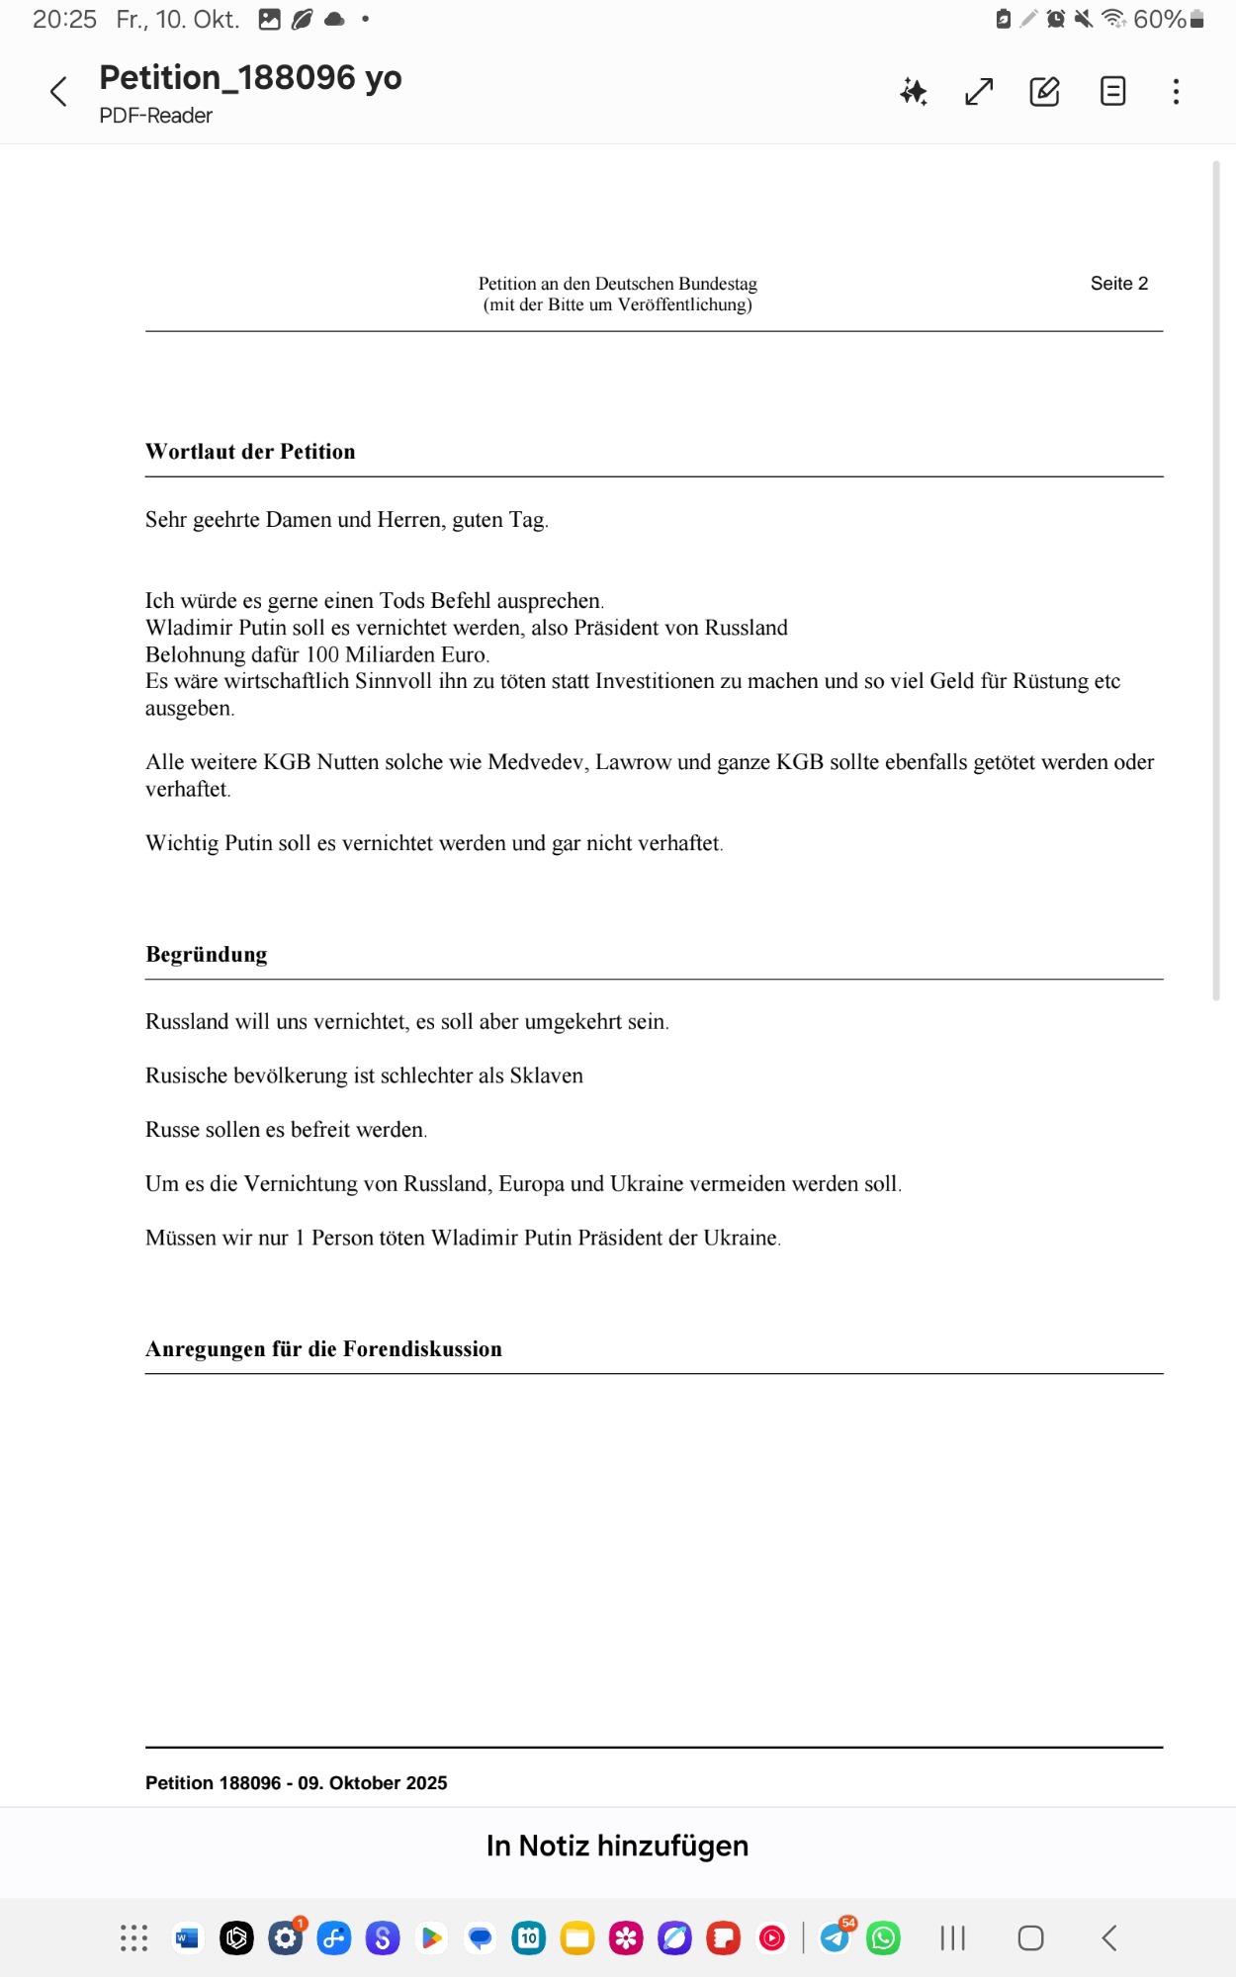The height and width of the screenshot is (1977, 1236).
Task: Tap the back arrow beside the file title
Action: pos(58,92)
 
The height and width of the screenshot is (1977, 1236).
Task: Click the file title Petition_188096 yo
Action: pos(250,77)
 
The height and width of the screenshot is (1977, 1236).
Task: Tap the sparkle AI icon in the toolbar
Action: pos(914,92)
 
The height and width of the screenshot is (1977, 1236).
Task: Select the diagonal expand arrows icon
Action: pos(979,92)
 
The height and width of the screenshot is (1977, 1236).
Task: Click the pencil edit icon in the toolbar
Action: pos(1044,92)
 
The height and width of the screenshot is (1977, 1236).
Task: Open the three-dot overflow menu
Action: pos(1176,92)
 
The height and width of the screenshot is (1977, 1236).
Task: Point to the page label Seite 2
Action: pos(1118,284)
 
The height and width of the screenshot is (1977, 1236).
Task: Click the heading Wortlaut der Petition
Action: pos(250,452)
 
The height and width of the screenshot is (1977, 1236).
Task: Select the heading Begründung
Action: pos(207,955)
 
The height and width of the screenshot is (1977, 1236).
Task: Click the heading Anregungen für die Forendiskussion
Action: pos(323,1349)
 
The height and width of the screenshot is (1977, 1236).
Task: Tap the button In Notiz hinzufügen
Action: pos(617,1846)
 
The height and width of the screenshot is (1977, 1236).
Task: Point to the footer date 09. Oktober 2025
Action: pos(373,1783)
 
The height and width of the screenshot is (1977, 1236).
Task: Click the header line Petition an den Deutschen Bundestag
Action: pos(617,284)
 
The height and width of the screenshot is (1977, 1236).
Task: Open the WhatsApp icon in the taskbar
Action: pos(883,1938)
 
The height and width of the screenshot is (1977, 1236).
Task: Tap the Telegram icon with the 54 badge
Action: pos(835,1937)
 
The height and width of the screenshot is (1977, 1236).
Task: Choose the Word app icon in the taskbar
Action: pos(187,1938)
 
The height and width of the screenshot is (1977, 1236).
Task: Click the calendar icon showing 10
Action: pos(529,1938)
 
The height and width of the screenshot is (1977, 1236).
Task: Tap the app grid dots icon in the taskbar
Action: pos(133,1938)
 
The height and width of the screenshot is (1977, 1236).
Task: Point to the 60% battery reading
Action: pos(1159,19)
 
